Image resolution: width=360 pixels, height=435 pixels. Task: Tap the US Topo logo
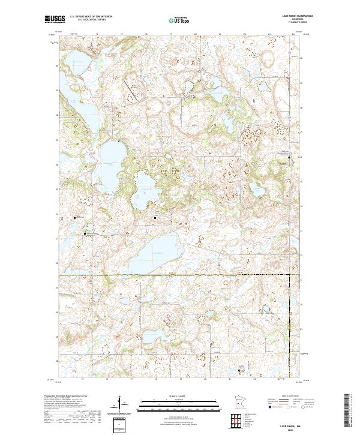point(180,20)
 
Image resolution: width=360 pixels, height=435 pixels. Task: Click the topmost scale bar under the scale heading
point(180,401)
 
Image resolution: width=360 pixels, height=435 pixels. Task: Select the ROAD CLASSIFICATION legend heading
point(287,397)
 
